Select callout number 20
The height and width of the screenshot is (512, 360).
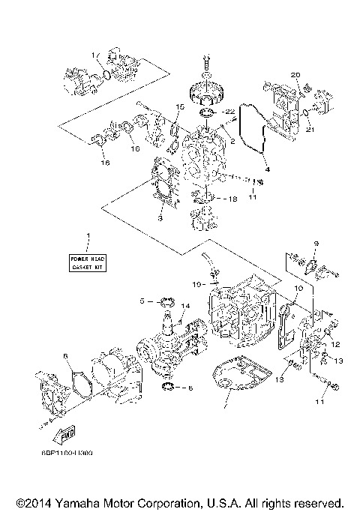[x=295, y=76]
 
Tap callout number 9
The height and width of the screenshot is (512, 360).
[x=316, y=243]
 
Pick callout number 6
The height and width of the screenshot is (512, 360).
[x=66, y=356]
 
